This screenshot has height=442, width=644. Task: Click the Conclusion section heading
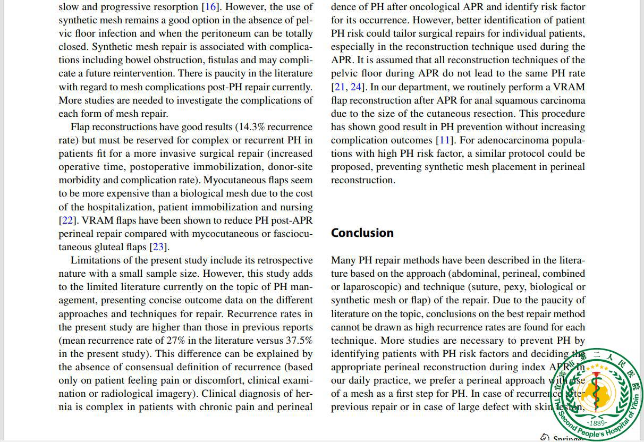pyautogui.click(x=362, y=233)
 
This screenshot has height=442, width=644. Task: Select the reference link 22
pyautogui.click(x=67, y=220)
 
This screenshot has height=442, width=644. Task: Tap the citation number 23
pyautogui.click(x=158, y=247)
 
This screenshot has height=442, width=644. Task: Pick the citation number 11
pyautogui.click(x=444, y=140)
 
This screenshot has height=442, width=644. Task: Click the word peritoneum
pyautogui.click(x=237, y=33)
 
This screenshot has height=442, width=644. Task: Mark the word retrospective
pyautogui.click(x=285, y=260)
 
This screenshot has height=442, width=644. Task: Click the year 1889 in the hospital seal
pyautogui.click(x=597, y=423)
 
